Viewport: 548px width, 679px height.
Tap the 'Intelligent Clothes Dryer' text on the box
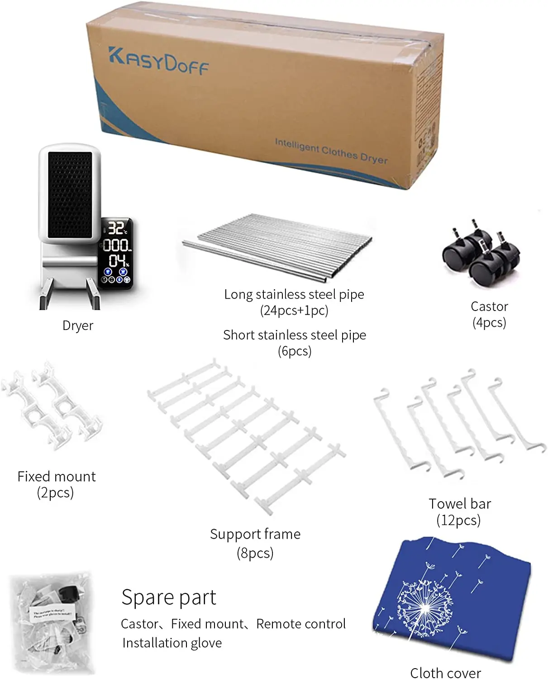click(331, 151)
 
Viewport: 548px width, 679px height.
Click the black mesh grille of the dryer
click(70, 195)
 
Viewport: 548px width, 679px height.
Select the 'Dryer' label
click(78, 325)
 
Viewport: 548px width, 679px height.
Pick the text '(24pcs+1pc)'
click(294, 311)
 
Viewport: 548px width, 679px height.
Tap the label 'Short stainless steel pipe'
click(294, 335)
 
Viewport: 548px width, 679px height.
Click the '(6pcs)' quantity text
click(294, 351)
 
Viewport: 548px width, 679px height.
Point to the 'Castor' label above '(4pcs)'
click(489, 306)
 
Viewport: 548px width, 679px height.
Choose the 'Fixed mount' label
click(57, 476)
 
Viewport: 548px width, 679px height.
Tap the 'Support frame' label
click(255, 534)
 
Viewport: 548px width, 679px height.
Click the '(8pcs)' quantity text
click(255, 553)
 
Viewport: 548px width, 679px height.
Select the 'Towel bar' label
click(460, 504)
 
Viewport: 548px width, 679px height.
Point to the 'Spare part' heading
click(169, 597)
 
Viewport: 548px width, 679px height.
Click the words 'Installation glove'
click(172, 643)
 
